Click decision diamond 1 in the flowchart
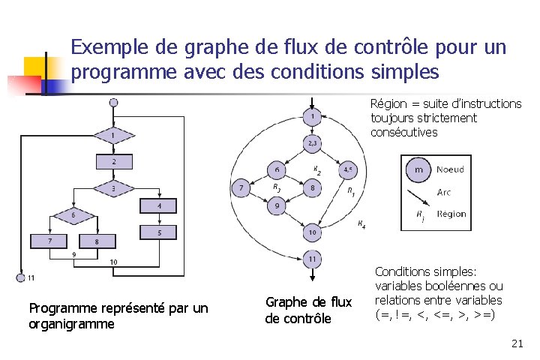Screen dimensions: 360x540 pos(112,135)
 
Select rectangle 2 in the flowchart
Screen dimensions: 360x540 pos(113,161)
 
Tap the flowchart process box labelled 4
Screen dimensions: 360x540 pos(159,205)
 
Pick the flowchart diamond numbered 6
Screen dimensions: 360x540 pos(73,216)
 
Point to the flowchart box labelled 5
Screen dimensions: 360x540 pos(159,233)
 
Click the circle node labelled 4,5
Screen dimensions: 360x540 pos(347,170)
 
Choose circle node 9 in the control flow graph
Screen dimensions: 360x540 pos(277,205)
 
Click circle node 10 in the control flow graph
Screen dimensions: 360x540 pos(313,232)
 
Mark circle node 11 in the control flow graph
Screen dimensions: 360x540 pos(313,259)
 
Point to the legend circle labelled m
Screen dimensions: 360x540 pos(418,169)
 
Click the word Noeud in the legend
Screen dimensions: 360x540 pos(450,169)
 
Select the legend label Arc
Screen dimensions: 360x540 pos(444,192)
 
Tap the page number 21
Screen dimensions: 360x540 pos(517,343)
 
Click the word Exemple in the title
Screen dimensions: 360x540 pos(109,47)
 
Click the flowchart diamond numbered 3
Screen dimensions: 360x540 pos(113,189)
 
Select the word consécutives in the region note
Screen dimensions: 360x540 pos(403,132)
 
